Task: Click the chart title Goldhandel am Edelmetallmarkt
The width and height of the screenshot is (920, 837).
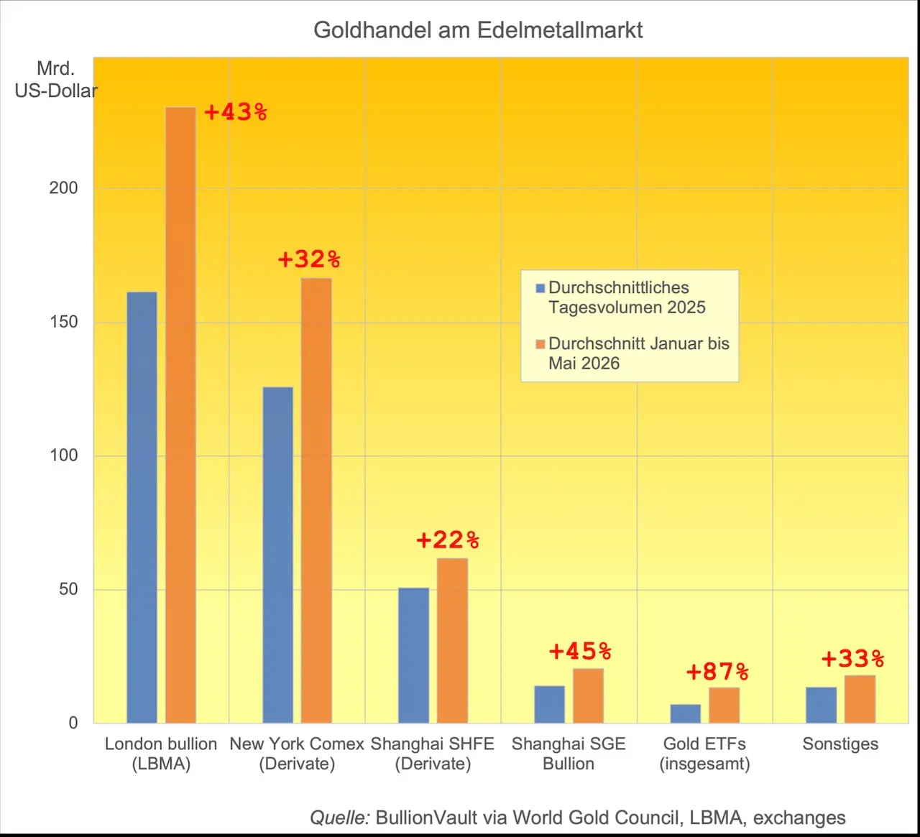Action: click(478, 30)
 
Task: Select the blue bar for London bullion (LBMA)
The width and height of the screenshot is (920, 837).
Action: click(142, 507)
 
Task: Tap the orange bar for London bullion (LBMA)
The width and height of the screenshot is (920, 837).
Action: click(180, 415)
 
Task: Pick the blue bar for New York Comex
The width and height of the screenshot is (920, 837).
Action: click(278, 555)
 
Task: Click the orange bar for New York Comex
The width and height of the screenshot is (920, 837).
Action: click(316, 500)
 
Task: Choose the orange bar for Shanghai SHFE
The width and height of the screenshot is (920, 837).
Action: click(452, 641)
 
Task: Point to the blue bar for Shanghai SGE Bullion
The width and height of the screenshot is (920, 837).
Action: click(549, 705)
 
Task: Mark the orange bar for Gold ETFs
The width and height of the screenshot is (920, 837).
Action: click(724, 706)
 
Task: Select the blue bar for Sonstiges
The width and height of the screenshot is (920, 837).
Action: click(821, 705)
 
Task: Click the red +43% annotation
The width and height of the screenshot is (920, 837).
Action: click(236, 112)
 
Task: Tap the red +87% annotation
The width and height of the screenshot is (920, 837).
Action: click(718, 672)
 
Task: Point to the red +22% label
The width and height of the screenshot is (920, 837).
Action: click(448, 540)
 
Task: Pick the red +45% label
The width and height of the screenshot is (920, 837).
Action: click(580, 651)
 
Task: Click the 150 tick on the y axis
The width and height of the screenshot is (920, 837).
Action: click(63, 322)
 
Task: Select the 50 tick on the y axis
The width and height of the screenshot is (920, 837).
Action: click(68, 589)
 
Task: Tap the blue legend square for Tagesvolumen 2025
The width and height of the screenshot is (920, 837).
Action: click(540, 288)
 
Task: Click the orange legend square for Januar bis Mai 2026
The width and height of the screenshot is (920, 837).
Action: click(540, 344)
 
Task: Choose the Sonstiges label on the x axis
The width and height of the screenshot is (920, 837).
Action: click(840, 744)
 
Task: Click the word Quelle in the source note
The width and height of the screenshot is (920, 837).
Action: click(340, 818)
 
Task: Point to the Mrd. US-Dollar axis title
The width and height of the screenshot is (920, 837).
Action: click(56, 80)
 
